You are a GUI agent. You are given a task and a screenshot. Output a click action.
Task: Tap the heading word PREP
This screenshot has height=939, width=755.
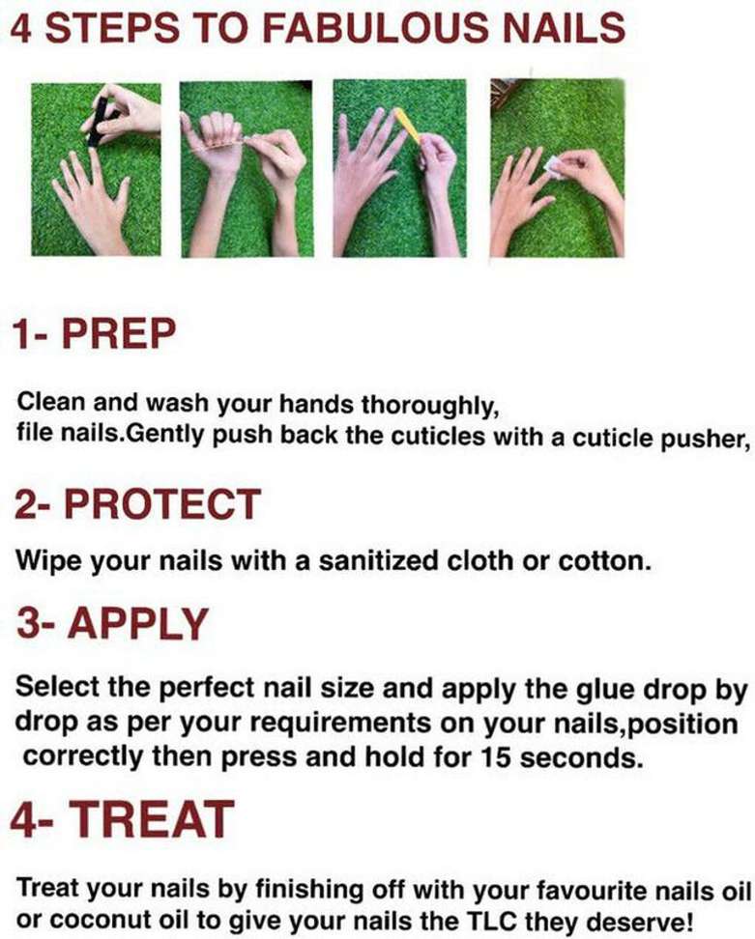(119, 333)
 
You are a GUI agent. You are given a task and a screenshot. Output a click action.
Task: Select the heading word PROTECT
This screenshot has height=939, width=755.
(161, 503)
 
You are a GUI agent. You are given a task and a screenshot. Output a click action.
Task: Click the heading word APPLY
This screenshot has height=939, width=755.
(138, 623)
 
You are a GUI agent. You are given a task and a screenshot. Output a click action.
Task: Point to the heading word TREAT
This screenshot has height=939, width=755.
(152, 819)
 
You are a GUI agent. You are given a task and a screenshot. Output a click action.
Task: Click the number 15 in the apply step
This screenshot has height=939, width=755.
(496, 758)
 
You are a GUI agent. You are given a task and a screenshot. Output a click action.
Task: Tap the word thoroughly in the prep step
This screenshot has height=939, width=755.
(429, 406)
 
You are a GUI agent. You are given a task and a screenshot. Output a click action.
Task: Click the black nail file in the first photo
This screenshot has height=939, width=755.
(99, 122)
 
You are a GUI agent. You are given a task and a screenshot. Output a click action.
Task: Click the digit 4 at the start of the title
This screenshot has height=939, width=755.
(21, 28)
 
